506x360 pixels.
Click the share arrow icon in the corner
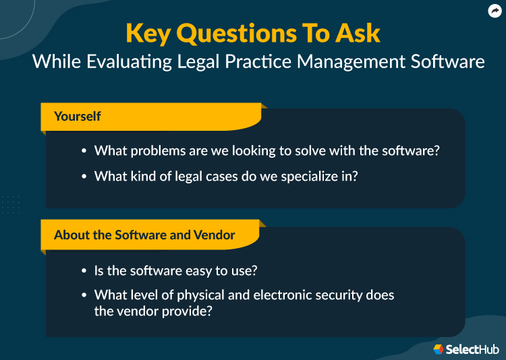point(494,11)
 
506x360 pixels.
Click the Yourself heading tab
point(78,117)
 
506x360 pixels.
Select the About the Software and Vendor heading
point(144,235)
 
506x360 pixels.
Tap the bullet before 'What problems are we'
point(84,151)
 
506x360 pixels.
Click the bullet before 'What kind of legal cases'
point(84,177)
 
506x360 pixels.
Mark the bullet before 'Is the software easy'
point(84,271)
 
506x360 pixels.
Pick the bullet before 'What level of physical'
point(84,295)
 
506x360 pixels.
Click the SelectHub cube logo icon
point(439,349)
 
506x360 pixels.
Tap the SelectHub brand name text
point(473,349)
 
